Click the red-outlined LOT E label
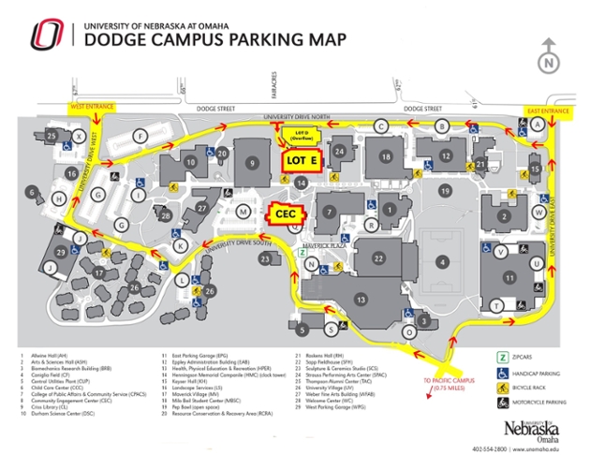tap(302, 160)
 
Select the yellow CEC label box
tap(288, 213)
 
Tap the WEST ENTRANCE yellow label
tap(90, 108)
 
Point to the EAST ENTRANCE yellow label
tap(549, 111)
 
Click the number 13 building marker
tap(360, 298)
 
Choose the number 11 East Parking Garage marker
tap(510, 277)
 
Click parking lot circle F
tap(140, 137)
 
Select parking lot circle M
tap(243, 213)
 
